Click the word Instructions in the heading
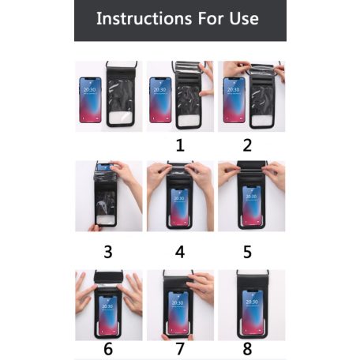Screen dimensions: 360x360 click(144, 18)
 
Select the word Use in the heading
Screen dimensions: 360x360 click(244, 19)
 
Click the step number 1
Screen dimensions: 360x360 click(180, 145)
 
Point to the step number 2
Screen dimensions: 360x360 click(247, 145)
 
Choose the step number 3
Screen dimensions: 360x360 click(108, 252)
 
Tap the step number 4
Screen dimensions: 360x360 click(180, 252)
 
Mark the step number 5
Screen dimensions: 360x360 click(247, 252)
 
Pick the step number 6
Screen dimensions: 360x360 click(108, 349)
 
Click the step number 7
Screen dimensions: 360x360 click(180, 349)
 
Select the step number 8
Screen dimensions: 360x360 click(247, 349)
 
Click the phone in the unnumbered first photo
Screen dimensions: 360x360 click(90, 100)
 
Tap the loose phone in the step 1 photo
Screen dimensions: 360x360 click(160, 100)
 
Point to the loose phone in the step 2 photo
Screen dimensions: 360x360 click(234, 100)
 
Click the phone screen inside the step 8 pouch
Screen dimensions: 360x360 click(252, 312)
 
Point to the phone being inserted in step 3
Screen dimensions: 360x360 click(105, 167)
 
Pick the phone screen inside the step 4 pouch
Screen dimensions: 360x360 click(180, 208)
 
